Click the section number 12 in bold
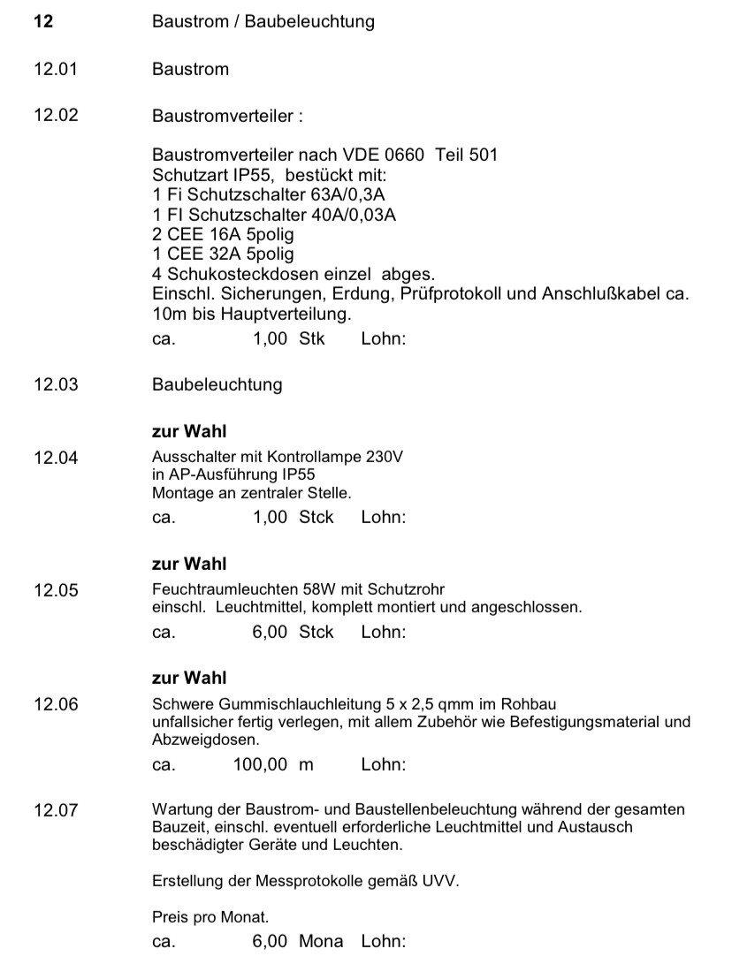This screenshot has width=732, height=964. (43, 21)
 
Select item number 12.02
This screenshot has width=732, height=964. (56, 116)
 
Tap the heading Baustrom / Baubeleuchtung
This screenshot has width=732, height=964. (263, 22)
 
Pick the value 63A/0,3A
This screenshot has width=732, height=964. (345, 194)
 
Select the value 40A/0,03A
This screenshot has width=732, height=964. (347, 215)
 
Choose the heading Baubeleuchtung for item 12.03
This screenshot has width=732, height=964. (217, 384)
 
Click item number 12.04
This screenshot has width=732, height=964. (56, 458)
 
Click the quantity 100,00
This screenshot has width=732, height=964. (260, 764)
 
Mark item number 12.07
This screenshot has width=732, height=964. (56, 810)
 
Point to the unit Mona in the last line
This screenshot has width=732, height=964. (321, 941)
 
